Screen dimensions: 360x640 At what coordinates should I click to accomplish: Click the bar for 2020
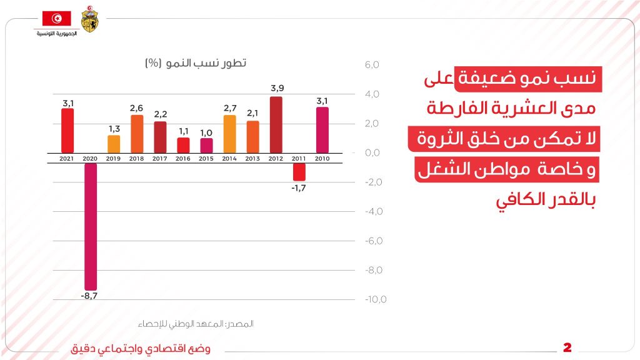point(91,225)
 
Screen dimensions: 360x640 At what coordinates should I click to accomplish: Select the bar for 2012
point(276,124)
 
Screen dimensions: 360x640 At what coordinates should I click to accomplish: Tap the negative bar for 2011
point(299,172)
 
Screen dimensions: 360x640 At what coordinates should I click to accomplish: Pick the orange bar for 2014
point(229,134)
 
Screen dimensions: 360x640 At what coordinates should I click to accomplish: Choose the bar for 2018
point(137,134)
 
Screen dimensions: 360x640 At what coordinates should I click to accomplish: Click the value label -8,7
point(89,295)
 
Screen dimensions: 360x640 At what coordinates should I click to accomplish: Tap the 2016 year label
point(182,159)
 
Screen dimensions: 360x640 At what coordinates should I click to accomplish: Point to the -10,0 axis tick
point(375,299)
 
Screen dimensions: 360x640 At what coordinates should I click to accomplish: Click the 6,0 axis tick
point(371,65)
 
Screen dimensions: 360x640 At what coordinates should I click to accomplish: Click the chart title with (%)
point(195,63)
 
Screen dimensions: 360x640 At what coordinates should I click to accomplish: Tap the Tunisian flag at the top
point(56,19)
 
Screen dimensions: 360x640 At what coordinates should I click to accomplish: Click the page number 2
point(567,347)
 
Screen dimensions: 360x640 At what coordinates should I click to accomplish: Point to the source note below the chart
point(195,324)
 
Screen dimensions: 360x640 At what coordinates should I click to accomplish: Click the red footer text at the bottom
point(140,349)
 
